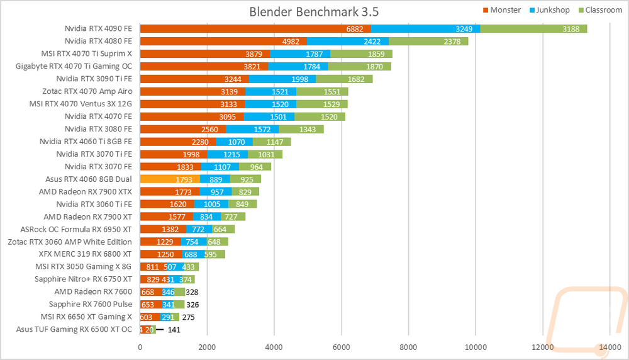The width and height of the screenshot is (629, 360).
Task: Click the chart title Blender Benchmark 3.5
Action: click(314, 12)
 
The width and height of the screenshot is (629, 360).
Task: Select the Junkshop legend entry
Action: click(550, 9)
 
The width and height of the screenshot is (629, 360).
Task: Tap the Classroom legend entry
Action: click(599, 9)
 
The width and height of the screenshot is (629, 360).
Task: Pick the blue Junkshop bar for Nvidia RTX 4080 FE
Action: click(347, 42)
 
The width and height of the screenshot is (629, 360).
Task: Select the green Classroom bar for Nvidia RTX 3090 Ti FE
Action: click(344, 79)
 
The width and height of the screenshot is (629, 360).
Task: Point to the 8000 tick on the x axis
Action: click(408, 346)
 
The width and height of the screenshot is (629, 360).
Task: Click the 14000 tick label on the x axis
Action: click(610, 346)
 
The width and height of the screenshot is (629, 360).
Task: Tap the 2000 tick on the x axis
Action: click(207, 346)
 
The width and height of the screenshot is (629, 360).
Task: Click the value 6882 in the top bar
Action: click(355, 29)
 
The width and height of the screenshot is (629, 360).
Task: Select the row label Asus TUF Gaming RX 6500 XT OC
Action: click(74, 329)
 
